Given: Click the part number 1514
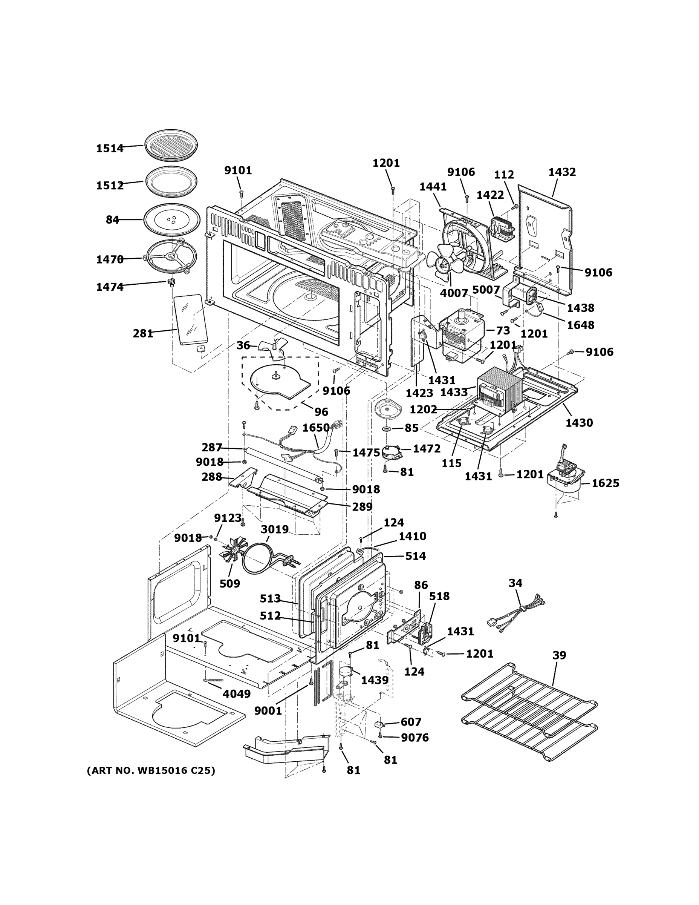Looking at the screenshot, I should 110,148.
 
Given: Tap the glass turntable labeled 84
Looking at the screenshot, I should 170,220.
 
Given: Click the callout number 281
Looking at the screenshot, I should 143,333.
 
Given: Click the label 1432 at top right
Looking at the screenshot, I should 562,172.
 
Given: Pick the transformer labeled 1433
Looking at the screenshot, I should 499,390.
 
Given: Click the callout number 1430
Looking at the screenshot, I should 579,423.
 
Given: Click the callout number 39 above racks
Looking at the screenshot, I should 559,655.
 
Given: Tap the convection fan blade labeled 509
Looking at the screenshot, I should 233,553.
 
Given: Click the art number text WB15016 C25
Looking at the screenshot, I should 151,770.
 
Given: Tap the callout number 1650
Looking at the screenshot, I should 316,428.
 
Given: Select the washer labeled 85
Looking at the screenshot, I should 386,428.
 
